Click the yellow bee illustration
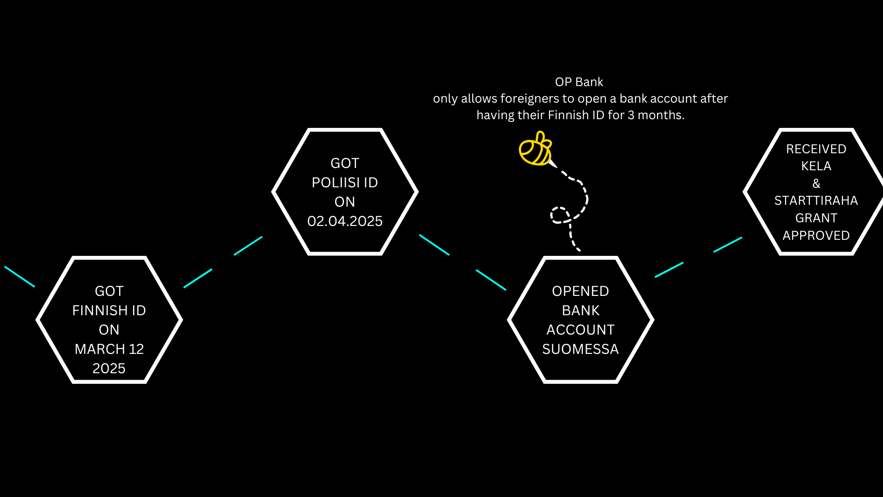coord(535,149)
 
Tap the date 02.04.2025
coord(345,221)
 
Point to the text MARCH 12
coord(109,349)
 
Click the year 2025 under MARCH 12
coord(109,369)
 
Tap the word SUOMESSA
coord(580,349)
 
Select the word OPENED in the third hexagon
coord(580,291)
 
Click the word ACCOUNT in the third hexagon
coord(580,330)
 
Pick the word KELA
coord(816,166)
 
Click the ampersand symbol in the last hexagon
coord(816,184)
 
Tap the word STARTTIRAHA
coord(816,201)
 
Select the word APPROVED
coord(816,236)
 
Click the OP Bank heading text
coord(579,82)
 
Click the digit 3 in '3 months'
coord(631,115)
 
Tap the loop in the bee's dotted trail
coord(560,215)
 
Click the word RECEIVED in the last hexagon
coord(816,149)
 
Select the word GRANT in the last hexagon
coord(816,218)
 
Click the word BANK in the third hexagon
coord(580,311)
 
